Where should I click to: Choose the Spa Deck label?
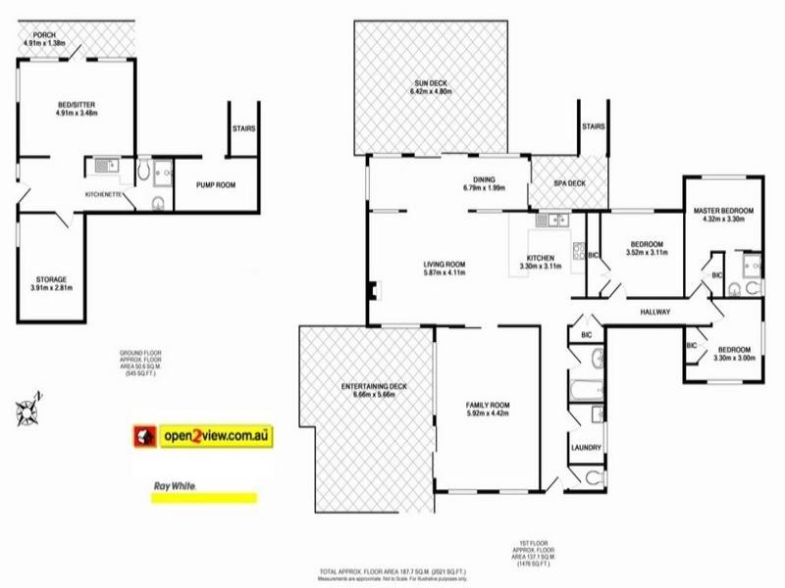[556, 183]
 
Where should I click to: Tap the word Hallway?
[654, 313]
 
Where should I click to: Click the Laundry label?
[586, 448]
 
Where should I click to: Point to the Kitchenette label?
[104, 196]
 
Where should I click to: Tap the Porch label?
[44, 37]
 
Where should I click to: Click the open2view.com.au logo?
[205, 435]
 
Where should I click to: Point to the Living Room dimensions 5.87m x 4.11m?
[444, 274]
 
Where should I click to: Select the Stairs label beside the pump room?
[244, 127]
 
